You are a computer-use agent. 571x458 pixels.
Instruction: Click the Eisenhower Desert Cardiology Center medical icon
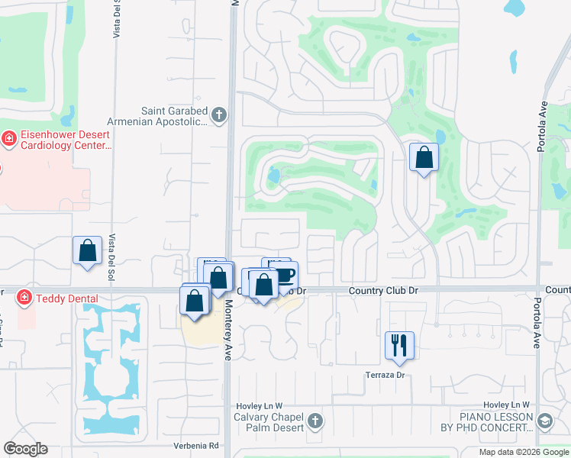pyautogui.click(x=9, y=139)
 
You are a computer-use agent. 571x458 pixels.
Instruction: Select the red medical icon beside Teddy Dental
pyautogui.click(x=24, y=297)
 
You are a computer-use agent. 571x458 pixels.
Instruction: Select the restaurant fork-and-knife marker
pyautogui.click(x=399, y=345)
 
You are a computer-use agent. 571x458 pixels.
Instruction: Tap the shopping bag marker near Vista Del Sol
pyautogui.click(x=88, y=250)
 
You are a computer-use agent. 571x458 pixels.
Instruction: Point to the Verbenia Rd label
pyautogui.click(x=197, y=445)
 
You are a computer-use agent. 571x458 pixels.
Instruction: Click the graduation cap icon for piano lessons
pyautogui.click(x=545, y=421)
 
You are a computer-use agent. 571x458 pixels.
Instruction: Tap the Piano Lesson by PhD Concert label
pyautogui.click(x=496, y=422)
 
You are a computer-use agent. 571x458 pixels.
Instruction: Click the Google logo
pyautogui.click(x=25, y=448)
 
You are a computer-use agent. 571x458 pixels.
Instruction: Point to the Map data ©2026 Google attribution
pyautogui.click(x=523, y=452)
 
